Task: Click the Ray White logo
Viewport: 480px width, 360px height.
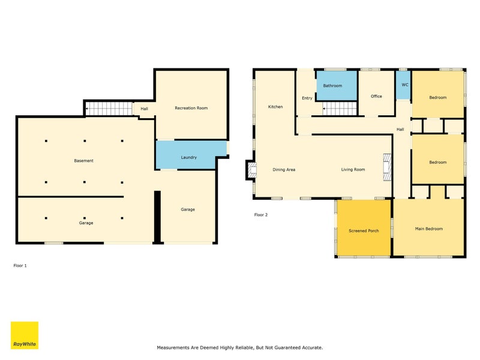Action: coord(25,335)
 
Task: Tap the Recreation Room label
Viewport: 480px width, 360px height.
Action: coord(191,108)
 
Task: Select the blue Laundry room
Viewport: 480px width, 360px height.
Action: coord(188,155)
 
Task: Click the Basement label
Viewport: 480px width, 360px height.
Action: coord(83,161)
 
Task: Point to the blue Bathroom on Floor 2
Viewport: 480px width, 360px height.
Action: coord(337,85)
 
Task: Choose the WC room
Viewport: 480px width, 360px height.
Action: coord(403,85)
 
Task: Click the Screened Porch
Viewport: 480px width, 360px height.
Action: coord(364,228)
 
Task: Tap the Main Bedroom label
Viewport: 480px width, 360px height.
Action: coord(428,229)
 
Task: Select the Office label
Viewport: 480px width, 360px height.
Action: coord(376,96)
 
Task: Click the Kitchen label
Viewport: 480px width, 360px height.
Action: coord(275,107)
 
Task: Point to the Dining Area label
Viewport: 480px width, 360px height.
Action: coord(284,170)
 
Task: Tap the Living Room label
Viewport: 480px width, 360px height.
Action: coord(353,170)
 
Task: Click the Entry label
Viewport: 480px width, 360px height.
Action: coord(307,98)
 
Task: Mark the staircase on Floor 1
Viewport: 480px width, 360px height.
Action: coord(109,109)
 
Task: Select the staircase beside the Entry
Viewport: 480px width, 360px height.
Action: coord(340,109)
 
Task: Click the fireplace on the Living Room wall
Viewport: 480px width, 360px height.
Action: coord(387,167)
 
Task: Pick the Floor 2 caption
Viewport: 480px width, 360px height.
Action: coord(261,215)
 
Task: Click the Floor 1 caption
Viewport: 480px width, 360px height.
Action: coord(20,266)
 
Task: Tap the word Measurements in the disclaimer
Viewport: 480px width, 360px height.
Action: coord(173,348)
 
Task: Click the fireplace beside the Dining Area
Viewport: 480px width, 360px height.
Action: coord(251,170)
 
